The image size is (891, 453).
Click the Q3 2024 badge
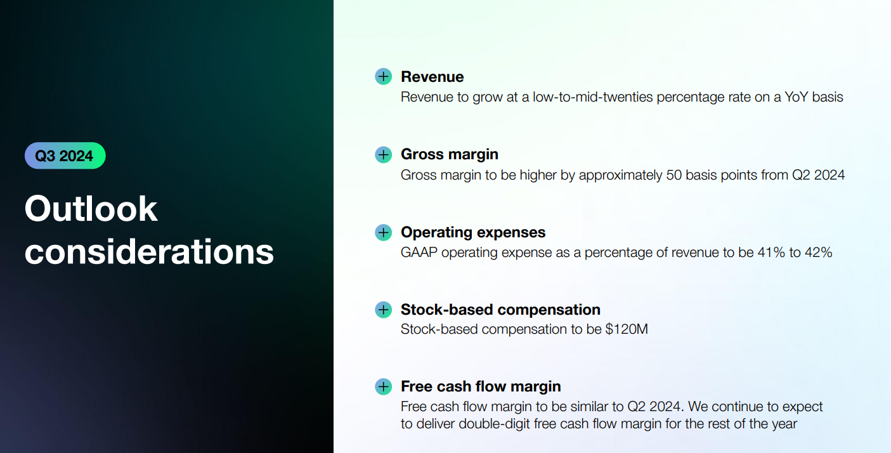[x=65, y=155]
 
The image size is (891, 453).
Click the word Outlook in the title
[x=91, y=209]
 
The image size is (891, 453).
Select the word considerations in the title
[x=149, y=252]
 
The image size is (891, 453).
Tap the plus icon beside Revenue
[x=384, y=76]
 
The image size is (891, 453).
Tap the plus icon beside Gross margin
[x=384, y=154]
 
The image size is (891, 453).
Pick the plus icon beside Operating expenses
[x=384, y=232]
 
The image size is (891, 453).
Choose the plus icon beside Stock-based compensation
[x=384, y=310]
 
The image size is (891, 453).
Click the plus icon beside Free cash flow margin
[x=384, y=386]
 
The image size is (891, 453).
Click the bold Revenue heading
[x=432, y=77]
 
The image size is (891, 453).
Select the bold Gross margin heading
[x=450, y=155]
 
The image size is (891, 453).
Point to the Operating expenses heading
[x=473, y=232]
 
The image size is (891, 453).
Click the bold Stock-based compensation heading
[x=500, y=310]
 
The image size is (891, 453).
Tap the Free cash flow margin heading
[x=481, y=386]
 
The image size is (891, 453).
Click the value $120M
[x=627, y=329]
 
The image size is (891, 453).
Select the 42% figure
[x=818, y=253]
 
